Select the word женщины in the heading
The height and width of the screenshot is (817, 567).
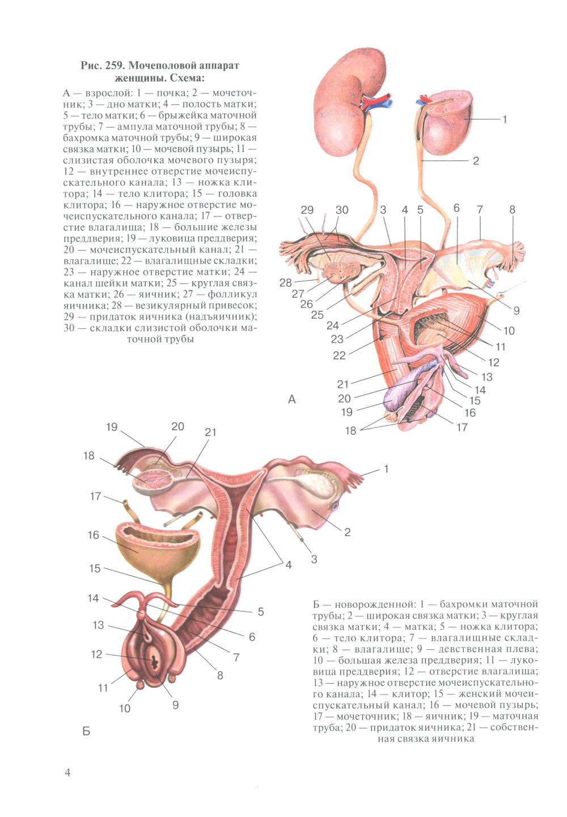click(139, 78)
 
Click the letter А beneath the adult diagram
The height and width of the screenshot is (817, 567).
click(291, 399)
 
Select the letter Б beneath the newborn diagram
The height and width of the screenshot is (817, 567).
click(86, 731)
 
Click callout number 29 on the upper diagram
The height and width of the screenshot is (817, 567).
click(307, 210)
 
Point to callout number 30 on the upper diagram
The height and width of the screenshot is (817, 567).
click(342, 210)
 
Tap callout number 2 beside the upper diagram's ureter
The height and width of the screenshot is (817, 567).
click(475, 160)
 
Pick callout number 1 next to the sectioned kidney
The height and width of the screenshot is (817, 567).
click(505, 119)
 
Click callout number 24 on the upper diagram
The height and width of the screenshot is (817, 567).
click(333, 324)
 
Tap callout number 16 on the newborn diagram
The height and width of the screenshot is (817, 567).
click(94, 535)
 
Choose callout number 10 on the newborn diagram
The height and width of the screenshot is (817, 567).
click(124, 708)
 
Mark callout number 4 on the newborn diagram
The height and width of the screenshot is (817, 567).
click(289, 565)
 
